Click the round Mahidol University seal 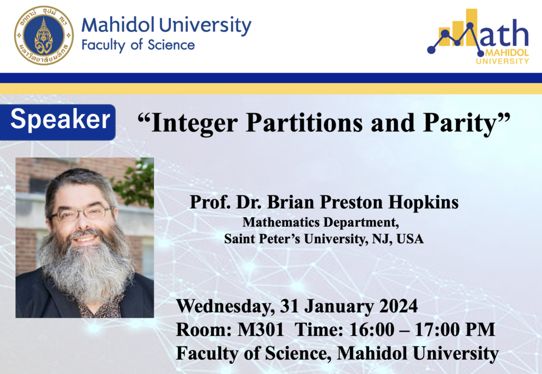point(44,35)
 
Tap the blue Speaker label point(58,122)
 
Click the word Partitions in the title point(304,123)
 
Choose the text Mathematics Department point(320,222)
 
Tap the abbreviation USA point(410,239)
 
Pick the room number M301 point(260,330)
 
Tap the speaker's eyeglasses point(82,213)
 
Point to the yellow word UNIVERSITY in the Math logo point(502,61)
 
